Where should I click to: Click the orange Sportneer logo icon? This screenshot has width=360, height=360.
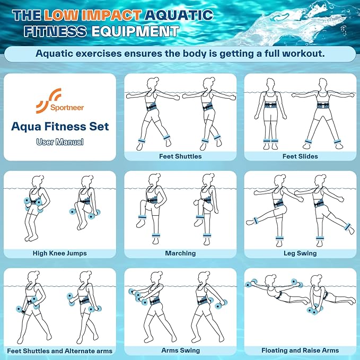(48, 101)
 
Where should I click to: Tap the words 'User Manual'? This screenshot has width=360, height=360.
(60, 142)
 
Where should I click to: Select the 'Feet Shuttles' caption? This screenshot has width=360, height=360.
(180, 156)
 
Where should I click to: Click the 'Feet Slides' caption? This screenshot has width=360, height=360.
(300, 156)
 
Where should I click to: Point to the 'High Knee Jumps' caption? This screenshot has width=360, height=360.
(60, 253)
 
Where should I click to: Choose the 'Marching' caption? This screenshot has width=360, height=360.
(180, 253)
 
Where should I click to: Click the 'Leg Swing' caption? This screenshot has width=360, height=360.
(300, 253)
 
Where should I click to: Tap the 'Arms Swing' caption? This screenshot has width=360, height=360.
(180, 350)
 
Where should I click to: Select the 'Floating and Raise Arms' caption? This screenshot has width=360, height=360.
(300, 350)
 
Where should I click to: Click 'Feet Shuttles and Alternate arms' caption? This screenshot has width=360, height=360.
(60, 351)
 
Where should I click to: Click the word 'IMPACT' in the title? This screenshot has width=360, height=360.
(111, 15)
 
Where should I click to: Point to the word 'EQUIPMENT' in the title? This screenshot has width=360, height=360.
(135, 31)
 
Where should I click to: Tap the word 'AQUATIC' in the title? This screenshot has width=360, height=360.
(179, 15)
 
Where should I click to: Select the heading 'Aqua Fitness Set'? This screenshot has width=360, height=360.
(60, 127)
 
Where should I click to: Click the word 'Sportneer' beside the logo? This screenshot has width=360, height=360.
(67, 108)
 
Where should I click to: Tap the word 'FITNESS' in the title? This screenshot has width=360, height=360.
(55, 31)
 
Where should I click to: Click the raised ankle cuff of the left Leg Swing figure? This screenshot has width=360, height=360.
(255, 221)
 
